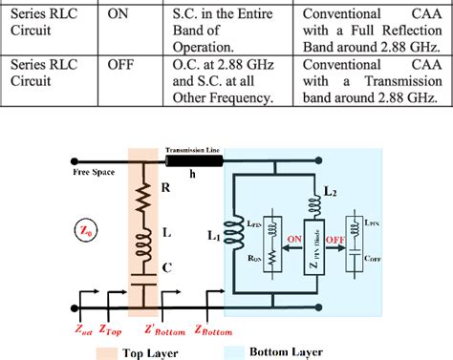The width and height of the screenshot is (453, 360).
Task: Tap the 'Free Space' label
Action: [95, 172]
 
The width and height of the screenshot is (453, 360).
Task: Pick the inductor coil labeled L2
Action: [310, 204]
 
